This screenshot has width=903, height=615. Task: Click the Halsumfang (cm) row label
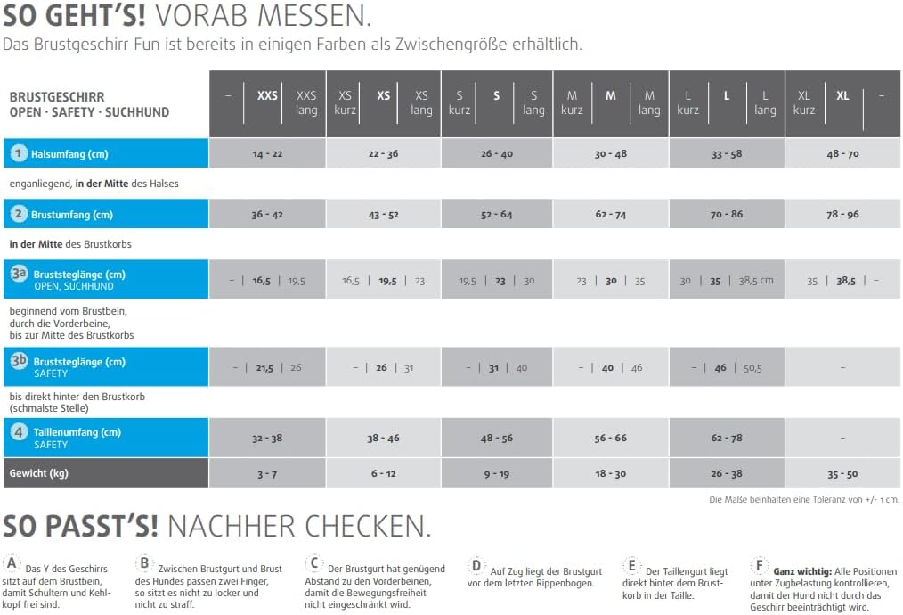[x=69, y=154]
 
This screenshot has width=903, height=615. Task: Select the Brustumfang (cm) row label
[x=71, y=215]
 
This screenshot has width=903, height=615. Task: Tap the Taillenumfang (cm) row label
[x=76, y=432]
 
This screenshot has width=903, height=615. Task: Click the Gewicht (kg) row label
[x=38, y=472]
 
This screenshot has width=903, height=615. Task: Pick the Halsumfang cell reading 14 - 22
[x=267, y=154]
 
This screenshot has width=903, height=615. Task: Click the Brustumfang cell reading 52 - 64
[x=497, y=215]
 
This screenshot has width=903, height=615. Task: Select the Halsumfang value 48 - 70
[x=842, y=154]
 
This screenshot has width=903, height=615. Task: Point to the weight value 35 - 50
[x=842, y=473]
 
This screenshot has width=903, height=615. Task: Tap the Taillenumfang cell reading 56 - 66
[x=611, y=438]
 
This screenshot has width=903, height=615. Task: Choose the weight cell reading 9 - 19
[x=497, y=473]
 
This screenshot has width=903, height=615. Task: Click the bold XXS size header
[x=267, y=95]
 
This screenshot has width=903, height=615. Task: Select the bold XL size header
[x=842, y=95]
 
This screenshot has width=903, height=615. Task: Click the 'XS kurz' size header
[x=346, y=102]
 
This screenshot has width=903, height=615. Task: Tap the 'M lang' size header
[x=649, y=102]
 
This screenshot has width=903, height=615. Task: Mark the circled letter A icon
[x=12, y=563]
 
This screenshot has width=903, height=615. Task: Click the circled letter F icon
[x=759, y=565]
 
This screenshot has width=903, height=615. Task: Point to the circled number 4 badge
[x=19, y=432]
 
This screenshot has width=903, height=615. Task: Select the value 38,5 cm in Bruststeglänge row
[x=756, y=280]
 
